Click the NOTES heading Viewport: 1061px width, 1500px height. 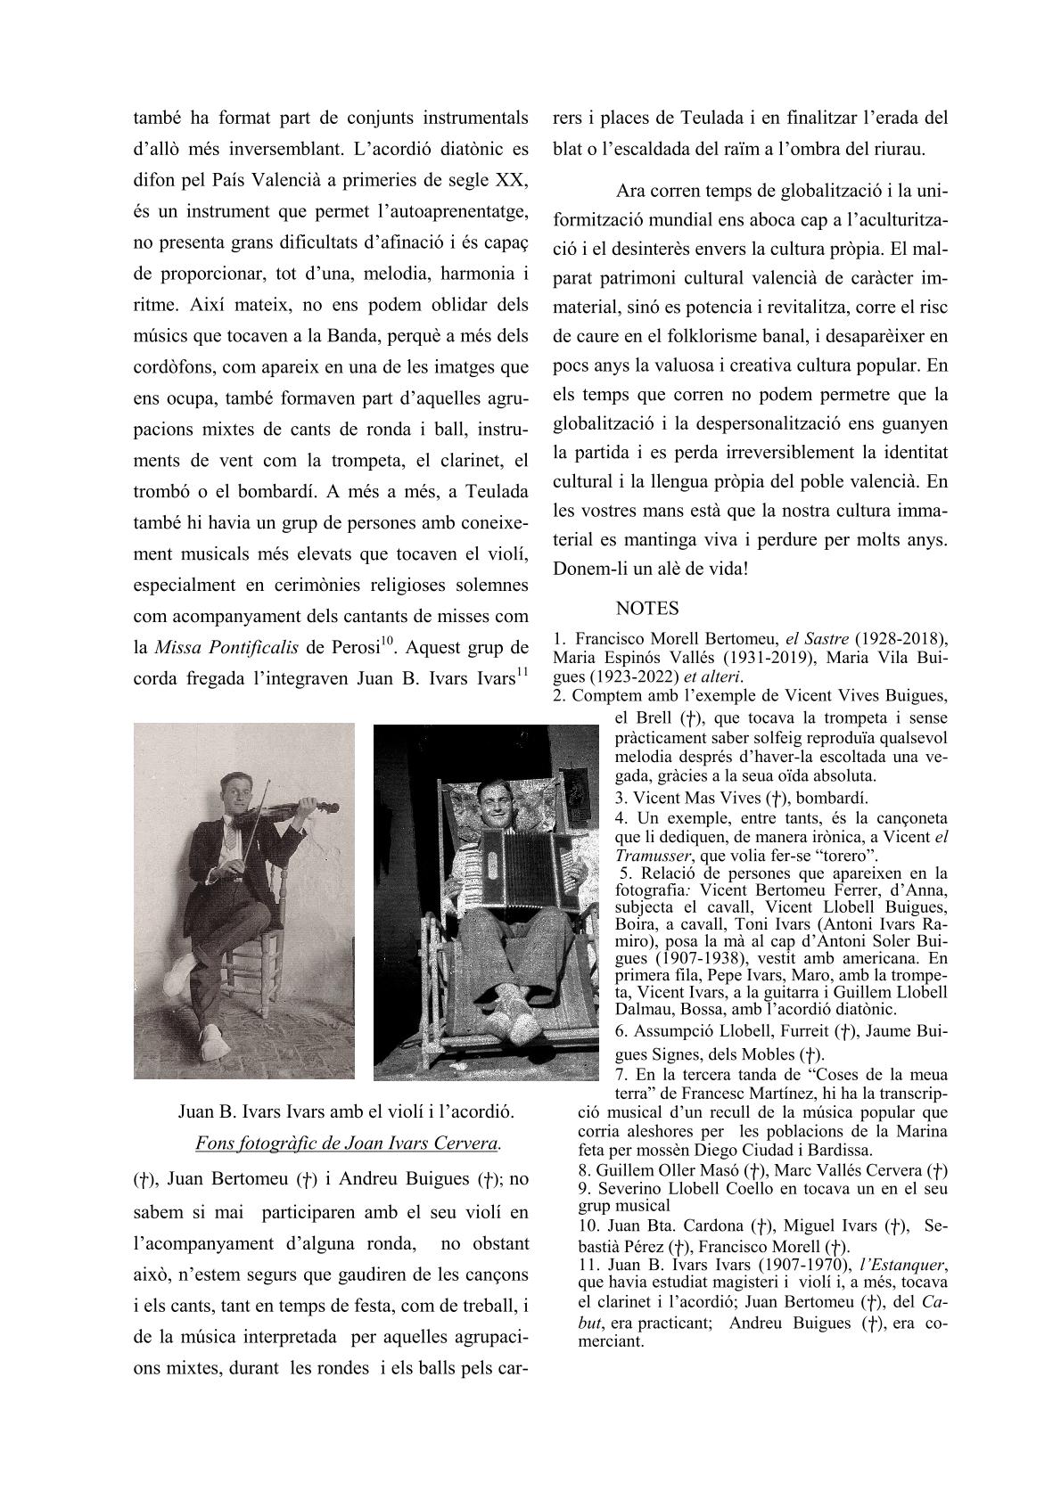tap(647, 608)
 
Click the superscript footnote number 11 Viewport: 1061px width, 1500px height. tap(522, 670)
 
